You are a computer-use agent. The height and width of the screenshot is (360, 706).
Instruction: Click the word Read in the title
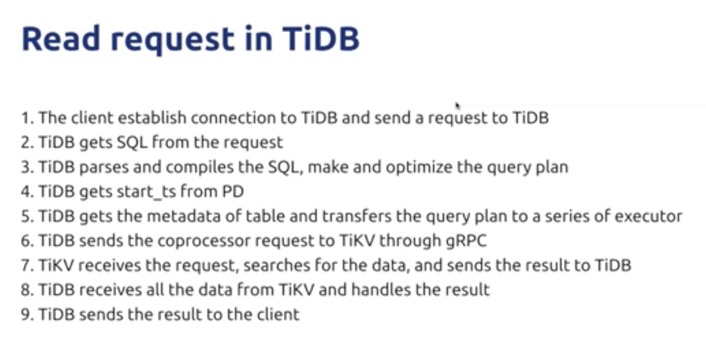tap(60, 39)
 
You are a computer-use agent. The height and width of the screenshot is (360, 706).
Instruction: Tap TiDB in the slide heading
tap(320, 39)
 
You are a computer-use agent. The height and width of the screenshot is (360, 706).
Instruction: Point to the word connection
tap(233, 118)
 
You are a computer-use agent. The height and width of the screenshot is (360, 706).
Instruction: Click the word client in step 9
tap(278, 314)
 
